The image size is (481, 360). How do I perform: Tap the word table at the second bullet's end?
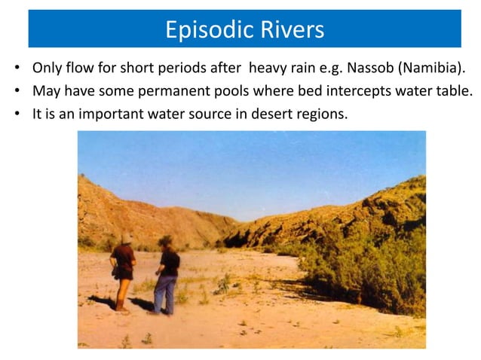(x=455, y=93)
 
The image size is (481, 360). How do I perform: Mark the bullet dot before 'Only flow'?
(x=17, y=71)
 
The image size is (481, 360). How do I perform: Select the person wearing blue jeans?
(x=167, y=275)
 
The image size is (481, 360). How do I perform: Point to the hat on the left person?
(x=126, y=238)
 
